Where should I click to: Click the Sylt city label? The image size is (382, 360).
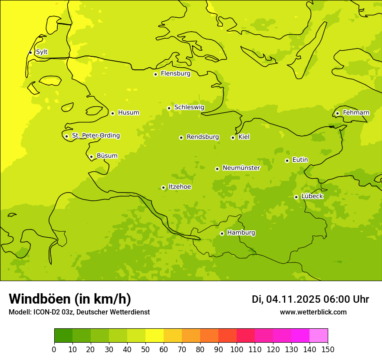click(42, 52)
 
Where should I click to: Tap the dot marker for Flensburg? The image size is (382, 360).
click(155, 74)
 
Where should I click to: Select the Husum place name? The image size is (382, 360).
click(128, 113)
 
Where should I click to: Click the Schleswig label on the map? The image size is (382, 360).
click(189, 107)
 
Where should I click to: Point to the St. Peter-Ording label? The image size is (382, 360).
click(95, 136)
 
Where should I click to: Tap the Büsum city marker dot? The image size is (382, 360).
click(91, 157)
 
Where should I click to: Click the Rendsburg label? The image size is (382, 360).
click(203, 137)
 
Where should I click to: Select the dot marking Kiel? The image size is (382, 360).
click(233, 137)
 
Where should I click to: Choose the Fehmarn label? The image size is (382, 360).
click(356, 113)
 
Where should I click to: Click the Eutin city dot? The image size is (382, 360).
click(287, 160)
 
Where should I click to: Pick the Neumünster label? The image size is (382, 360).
click(241, 168)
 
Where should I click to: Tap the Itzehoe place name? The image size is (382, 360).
click(180, 187)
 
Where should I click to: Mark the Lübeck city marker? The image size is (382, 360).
click(296, 197)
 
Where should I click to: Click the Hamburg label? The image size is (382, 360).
click(241, 233)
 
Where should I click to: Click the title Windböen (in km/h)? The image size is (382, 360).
click(70, 299)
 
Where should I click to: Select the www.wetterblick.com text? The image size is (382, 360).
click(313, 312)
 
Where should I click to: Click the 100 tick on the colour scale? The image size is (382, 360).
click(237, 349)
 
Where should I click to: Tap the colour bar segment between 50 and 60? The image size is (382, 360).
click(155, 335)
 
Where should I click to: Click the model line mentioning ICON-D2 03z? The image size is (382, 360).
click(79, 312)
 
